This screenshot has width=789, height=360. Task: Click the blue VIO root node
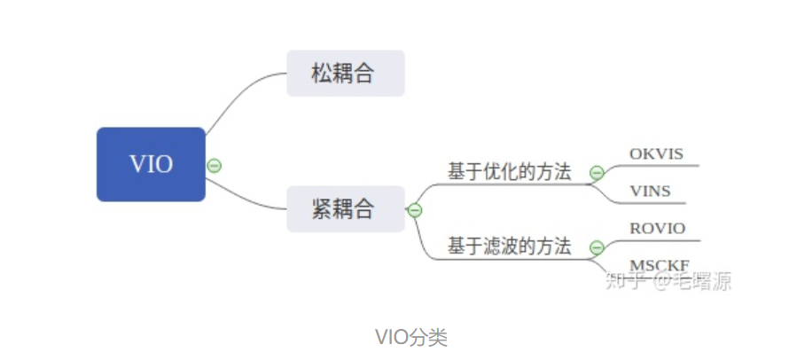[x=151, y=164]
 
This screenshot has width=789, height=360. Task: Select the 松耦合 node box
[x=345, y=74]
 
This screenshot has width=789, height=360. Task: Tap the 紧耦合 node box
[x=345, y=209]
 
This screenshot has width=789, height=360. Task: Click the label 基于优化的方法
[x=509, y=172]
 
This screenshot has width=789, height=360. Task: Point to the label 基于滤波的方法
[x=509, y=247]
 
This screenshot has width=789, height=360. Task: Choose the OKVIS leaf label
[x=656, y=153]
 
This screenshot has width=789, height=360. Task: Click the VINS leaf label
[x=650, y=191]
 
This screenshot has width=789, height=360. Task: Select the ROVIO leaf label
[x=657, y=228]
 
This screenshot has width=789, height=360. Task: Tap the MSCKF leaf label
[x=658, y=265]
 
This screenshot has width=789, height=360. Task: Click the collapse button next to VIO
[x=214, y=165]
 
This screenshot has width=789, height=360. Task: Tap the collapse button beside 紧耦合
[x=414, y=210]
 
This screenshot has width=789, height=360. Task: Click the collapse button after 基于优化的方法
[x=597, y=172]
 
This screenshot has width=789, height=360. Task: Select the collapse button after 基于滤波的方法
[x=597, y=247]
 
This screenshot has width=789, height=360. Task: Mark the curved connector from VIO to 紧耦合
[x=248, y=200]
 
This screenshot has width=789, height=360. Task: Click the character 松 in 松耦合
[x=321, y=74]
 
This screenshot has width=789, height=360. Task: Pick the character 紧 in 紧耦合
[x=321, y=209]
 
